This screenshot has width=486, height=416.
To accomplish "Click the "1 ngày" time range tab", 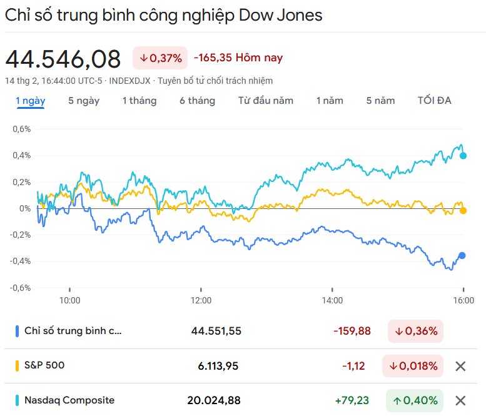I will pyautogui.click(x=30, y=101).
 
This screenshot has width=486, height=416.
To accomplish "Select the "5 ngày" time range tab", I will pyautogui.click(x=84, y=101).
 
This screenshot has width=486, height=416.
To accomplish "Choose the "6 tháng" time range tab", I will pyautogui.click(x=197, y=101).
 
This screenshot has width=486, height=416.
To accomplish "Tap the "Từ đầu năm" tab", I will pyautogui.click(x=266, y=101).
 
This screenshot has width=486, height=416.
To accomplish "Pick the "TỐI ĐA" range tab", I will pyautogui.click(x=434, y=101).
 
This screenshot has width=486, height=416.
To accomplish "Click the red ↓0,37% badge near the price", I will pyautogui.click(x=160, y=58).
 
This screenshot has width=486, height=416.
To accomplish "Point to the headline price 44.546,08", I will pyautogui.click(x=63, y=59).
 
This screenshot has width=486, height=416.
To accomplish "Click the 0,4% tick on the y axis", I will pyautogui.click(x=22, y=156).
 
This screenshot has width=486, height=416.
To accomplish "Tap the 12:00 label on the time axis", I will pyautogui.click(x=201, y=300).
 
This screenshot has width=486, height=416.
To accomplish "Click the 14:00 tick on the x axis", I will pyautogui.click(x=332, y=300).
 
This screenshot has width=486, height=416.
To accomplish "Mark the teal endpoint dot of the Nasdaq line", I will pyautogui.click(x=463, y=156).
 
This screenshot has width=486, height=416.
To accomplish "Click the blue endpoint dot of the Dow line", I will pyautogui.click(x=462, y=255).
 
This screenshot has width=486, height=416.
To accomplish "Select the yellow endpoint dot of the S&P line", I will pyautogui.click(x=463, y=211).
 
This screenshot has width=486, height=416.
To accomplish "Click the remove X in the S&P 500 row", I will pyautogui.click(x=460, y=366).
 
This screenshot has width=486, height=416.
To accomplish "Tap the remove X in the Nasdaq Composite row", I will pyautogui.click(x=460, y=400).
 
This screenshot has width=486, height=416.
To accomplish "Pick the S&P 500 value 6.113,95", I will pyautogui.click(x=218, y=366).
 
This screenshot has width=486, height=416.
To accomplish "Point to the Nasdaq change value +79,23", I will pyautogui.click(x=352, y=400).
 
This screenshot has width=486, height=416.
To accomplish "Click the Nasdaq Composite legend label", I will pyautogui.click(x=69, y=400).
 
